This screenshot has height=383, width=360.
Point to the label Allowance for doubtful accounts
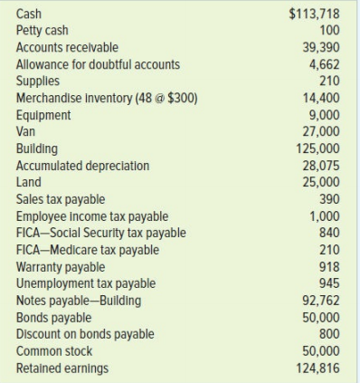(99, 63)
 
